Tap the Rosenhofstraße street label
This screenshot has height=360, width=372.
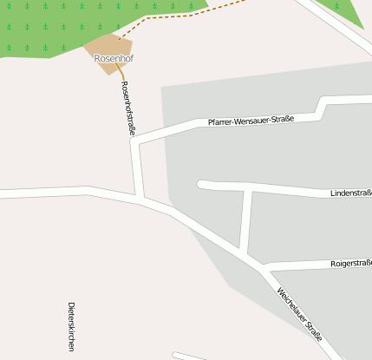coord(128,108)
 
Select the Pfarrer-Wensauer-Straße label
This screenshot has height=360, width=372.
coord(251,118)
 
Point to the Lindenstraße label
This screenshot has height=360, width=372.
coord(350,193)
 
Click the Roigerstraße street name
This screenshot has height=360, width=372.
coord(350,262)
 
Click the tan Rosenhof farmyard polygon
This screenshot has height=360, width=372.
coord(108,46)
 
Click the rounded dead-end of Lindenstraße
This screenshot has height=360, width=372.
coord(203,184)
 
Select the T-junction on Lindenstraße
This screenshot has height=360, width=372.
coord(250,188)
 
